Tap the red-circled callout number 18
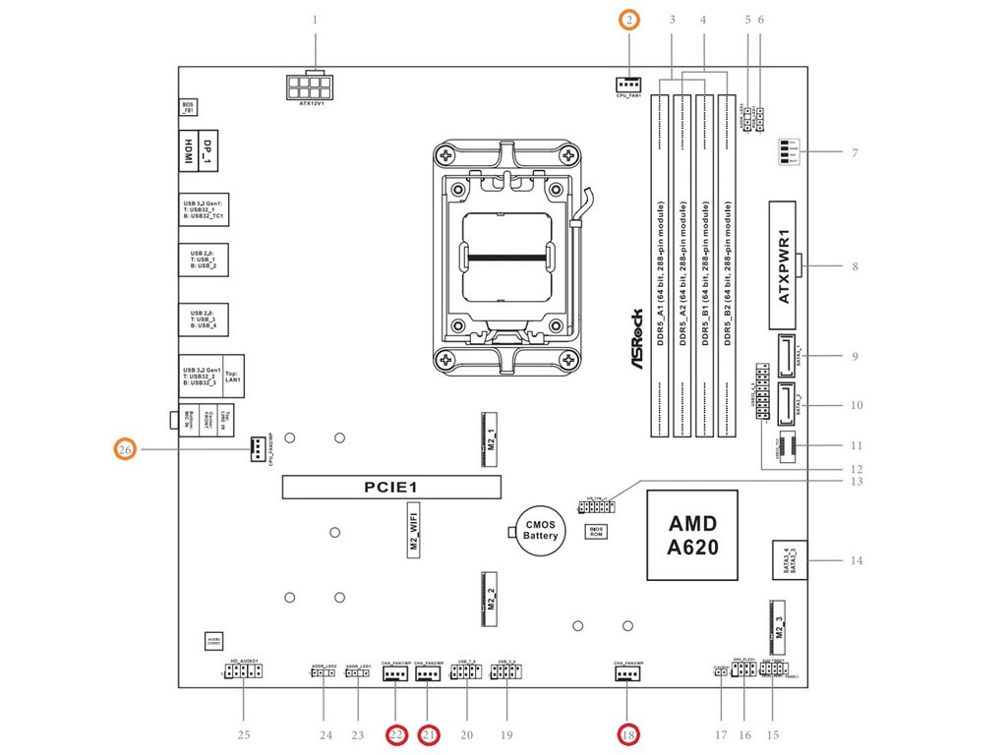click(627, 734)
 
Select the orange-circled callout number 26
click(125, 450)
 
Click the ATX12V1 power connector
click(311, 87)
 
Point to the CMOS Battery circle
click(540, 531)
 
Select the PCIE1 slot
click(391, 487)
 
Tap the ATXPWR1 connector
click(784, 265)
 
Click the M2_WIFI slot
click(415, 532)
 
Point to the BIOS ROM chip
click(595, 532)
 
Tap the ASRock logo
click(636, 339)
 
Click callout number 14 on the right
click(856, 561)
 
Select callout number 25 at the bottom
click(244, 734)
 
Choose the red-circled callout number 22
click(396, 734)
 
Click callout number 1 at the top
click(315, 20)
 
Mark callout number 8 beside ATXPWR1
click(855, 266)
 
